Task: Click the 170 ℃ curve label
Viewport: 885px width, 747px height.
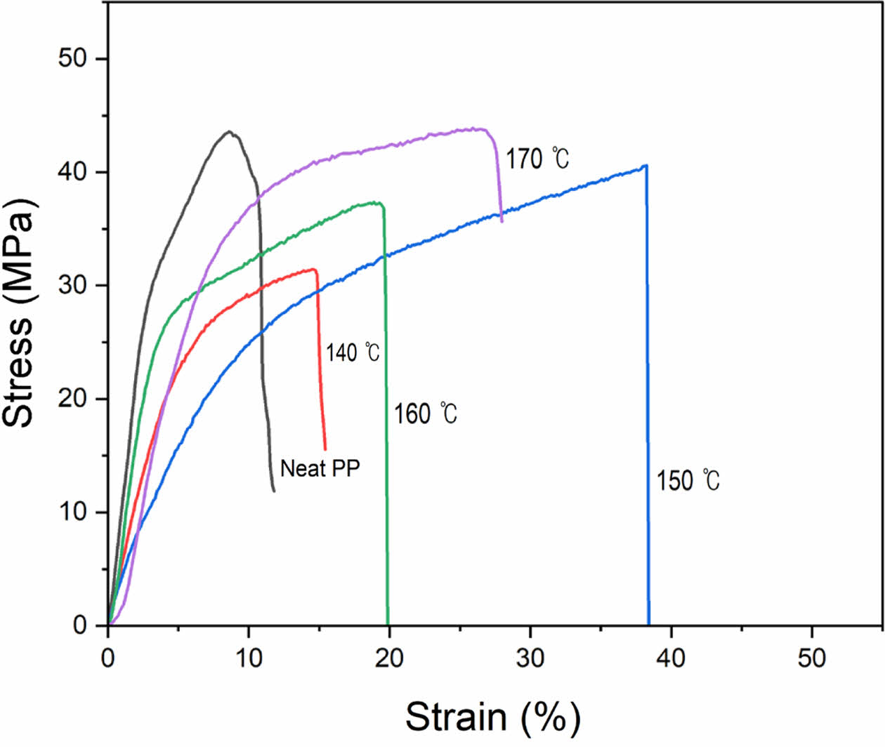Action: tap(537, 159)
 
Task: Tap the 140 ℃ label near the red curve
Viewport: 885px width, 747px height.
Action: tap(353, 352)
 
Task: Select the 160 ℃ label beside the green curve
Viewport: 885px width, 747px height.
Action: tap(426, 414)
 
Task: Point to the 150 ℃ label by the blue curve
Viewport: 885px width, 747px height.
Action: tap(688, 481)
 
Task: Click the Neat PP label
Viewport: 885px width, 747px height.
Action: tap(320, 468)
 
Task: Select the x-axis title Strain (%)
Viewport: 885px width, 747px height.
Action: tap(493, 718)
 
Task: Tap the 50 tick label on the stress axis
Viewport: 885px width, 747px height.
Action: tap(72, 58)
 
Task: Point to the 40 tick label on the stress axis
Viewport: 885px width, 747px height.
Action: tap(72, 172)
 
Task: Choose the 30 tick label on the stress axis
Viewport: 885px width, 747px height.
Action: tap(72, 285)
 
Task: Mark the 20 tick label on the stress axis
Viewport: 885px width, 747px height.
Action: tap(72, 399)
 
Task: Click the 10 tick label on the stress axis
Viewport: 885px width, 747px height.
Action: tap(72, 512)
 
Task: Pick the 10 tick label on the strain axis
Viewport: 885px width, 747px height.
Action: tap(249, 659)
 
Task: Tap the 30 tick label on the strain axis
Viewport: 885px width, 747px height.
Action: tap(530, 659)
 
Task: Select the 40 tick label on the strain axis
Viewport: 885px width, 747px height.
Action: tap(671, 659)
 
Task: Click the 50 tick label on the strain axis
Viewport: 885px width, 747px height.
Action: tap(812, 659)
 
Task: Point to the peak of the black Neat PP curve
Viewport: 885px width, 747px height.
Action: tap(230, 131)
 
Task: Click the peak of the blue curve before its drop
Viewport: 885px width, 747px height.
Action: tap(645, 166)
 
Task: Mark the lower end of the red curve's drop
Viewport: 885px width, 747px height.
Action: tap(325, 449)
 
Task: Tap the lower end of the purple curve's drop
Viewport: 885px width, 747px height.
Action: tap(501, 221)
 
